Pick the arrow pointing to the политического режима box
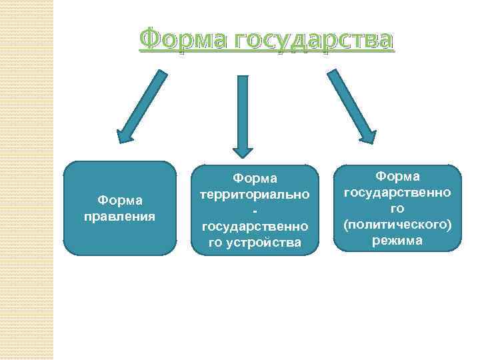[352, 107]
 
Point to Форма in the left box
[119, 201]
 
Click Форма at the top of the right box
[397, 176]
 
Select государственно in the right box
[397, 192]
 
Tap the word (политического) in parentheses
[397, 225]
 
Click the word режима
[397, 241]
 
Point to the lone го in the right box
[397, 208]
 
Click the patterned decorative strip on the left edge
[26, 180]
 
